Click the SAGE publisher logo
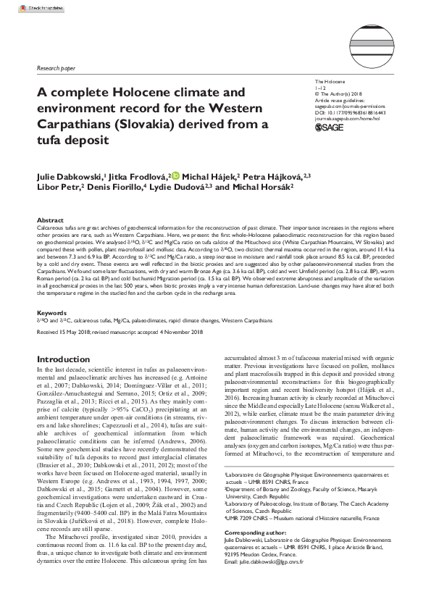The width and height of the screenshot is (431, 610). coord(330,128)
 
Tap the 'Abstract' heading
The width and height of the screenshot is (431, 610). coord(51,220)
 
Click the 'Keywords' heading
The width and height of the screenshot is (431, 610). coord(52,314)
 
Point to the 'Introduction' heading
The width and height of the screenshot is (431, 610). coord(64,359)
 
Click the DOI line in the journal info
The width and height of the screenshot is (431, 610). coord(349,112)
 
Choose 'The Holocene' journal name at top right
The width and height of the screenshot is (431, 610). coord(330,82)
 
